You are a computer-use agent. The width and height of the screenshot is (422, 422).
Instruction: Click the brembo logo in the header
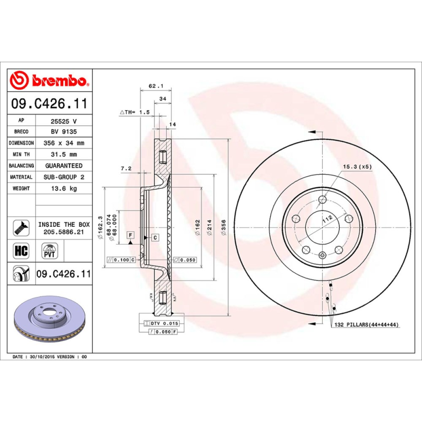click(50, 81)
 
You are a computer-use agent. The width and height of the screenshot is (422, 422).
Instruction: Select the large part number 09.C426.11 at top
click(50, 104)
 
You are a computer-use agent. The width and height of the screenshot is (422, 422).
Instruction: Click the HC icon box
click(22, 250)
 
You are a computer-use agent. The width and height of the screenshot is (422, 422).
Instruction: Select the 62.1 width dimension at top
click(154, 85)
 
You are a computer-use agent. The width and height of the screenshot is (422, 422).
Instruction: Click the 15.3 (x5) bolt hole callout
click(358, 167)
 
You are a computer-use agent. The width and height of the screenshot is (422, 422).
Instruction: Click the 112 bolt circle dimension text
click(327, 218)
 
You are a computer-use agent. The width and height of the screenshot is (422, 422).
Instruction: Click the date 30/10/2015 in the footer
click(42, 357)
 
